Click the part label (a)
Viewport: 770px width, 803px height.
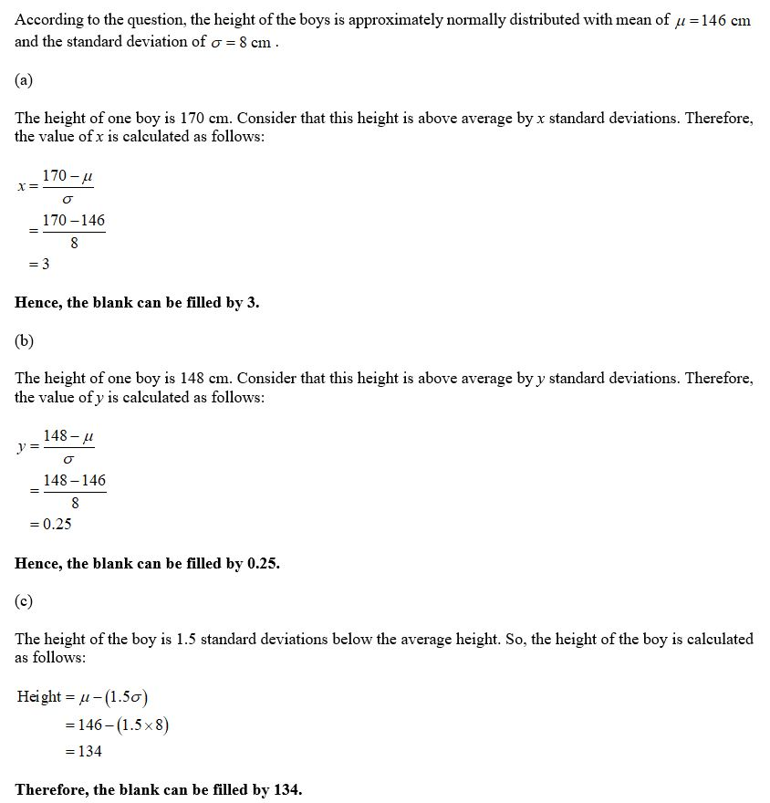point(24,80)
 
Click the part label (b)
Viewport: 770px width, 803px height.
point(25,340)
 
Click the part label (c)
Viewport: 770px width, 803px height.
point(24,600)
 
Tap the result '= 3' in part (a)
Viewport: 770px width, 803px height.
point(38,265)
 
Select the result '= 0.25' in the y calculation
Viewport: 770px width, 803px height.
point(50,524)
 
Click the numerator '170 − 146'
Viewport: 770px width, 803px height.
point(74,220)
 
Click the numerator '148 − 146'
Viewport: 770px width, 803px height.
point(74,480)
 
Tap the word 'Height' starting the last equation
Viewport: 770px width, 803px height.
point(39,696)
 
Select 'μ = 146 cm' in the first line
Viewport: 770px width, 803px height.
point(713,21)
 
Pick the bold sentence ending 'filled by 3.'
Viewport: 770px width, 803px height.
point(137,303)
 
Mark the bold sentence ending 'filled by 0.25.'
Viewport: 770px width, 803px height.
point(147,563)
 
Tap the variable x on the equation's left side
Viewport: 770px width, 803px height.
point(22,186)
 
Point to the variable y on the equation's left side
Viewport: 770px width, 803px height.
point(22,446)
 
